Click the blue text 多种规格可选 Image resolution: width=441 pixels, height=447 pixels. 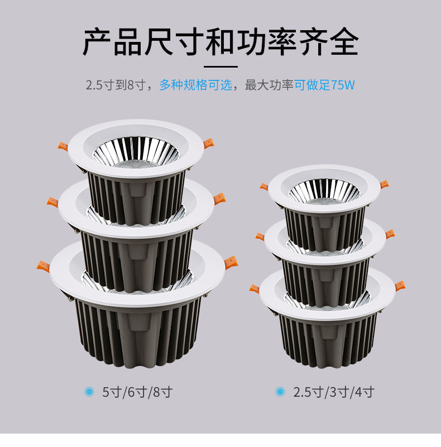coord(195,85)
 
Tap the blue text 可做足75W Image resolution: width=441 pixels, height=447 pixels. coord(324,85)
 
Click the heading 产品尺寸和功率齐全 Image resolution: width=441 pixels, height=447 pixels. coord(220,42)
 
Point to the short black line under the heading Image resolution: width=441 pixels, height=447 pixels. coord(220,67)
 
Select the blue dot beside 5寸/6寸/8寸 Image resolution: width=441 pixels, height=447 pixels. coord(89,392)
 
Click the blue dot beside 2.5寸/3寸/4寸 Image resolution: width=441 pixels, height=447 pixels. coord(280,392)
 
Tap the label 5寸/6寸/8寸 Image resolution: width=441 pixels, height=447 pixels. coord(137,392)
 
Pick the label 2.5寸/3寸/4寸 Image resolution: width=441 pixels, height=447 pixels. coord(334,392)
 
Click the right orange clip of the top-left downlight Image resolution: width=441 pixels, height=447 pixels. coord(209,144)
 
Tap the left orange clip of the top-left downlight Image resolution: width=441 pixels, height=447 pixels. coord(63,146)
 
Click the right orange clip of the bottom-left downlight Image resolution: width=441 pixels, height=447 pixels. coord(231,262)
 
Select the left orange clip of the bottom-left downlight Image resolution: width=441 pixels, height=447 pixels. coord(43,266)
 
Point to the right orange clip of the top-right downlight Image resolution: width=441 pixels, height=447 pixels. coord(384,184)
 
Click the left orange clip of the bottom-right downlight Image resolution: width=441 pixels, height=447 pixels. coord(255,289)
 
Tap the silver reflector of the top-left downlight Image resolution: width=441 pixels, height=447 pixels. coord(136,152)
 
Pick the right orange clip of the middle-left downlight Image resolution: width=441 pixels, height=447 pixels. coord(219,198)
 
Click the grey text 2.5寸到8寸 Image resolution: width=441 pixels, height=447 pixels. coord(116,85)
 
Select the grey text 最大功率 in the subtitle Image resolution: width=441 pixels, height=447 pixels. coord(269,85)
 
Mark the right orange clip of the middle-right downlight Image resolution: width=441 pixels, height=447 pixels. coord(390,234)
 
